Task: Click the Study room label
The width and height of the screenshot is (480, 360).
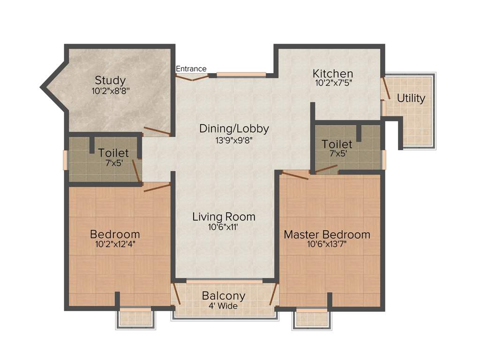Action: click(x=110, y=80)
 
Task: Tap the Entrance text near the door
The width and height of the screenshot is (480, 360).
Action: click(x=191, y=69)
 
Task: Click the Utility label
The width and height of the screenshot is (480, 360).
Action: click(x=411, y=98)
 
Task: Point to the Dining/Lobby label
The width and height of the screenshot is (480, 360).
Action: click(x=234, y=128)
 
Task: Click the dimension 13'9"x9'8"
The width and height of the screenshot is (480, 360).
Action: click(x=233, y=139)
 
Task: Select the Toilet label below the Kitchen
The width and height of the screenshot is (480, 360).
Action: click(x=337, y=144)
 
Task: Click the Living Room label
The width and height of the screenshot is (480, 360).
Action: click(x=224, y=217)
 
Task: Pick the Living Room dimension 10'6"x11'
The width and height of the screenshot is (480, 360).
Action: click(x=224, y=227)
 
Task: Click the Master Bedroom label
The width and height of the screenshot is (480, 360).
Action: click(x=327, y=234)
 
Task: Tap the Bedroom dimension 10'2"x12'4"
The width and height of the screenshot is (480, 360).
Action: click(x=115, y=244)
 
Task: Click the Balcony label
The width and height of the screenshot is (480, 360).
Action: click(x=224, y=296)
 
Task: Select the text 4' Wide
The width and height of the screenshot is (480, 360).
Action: click(x=223, y=306)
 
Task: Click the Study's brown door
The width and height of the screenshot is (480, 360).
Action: click(x=157, y=131)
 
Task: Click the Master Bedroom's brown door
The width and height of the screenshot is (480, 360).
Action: click(x=294, y=176)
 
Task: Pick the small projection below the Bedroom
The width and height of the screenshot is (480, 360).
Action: click(x=135, y=318)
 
